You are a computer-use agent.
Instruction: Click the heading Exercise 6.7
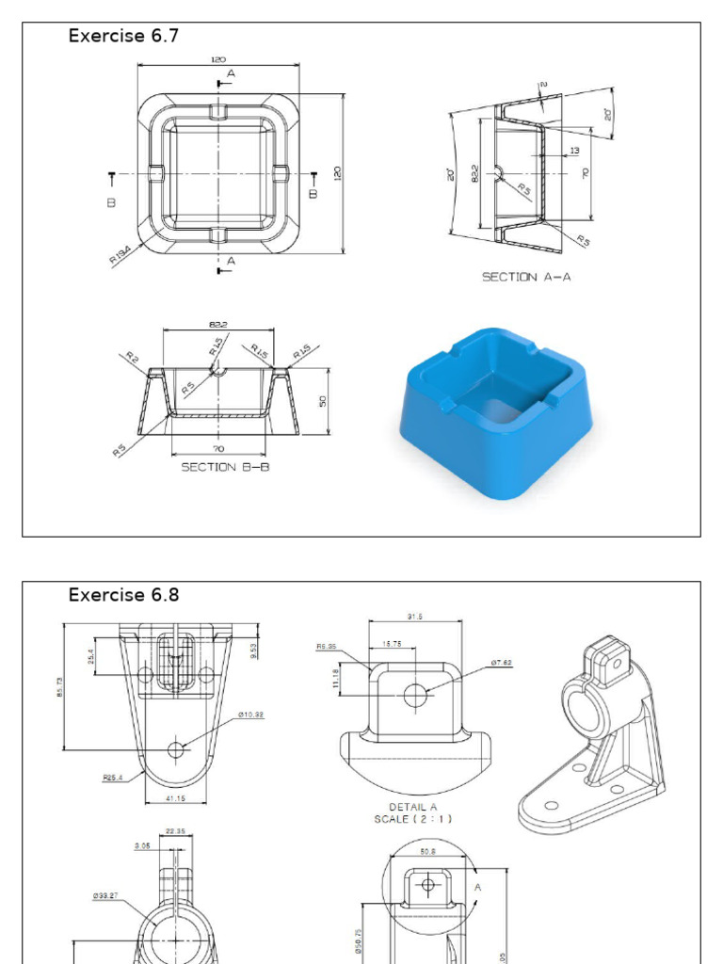(x=123, y=37)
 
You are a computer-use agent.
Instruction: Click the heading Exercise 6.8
(x=123, y=595)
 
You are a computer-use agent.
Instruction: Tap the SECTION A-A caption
(x=526, y=277)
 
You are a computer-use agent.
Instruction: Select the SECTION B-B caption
(x=225, y=467)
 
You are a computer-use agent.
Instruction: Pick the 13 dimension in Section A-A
(x=574, y=151)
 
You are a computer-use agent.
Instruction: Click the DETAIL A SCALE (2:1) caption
(x=412, y=813)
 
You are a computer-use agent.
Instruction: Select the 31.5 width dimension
(x=415, y=618)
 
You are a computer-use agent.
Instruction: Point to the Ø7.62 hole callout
(x=501, y=664)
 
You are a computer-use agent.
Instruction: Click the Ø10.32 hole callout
(x=250, y=715)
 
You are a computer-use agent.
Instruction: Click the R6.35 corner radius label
(x=328, y=647)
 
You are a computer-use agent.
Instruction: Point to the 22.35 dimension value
(x=175, y=831)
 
